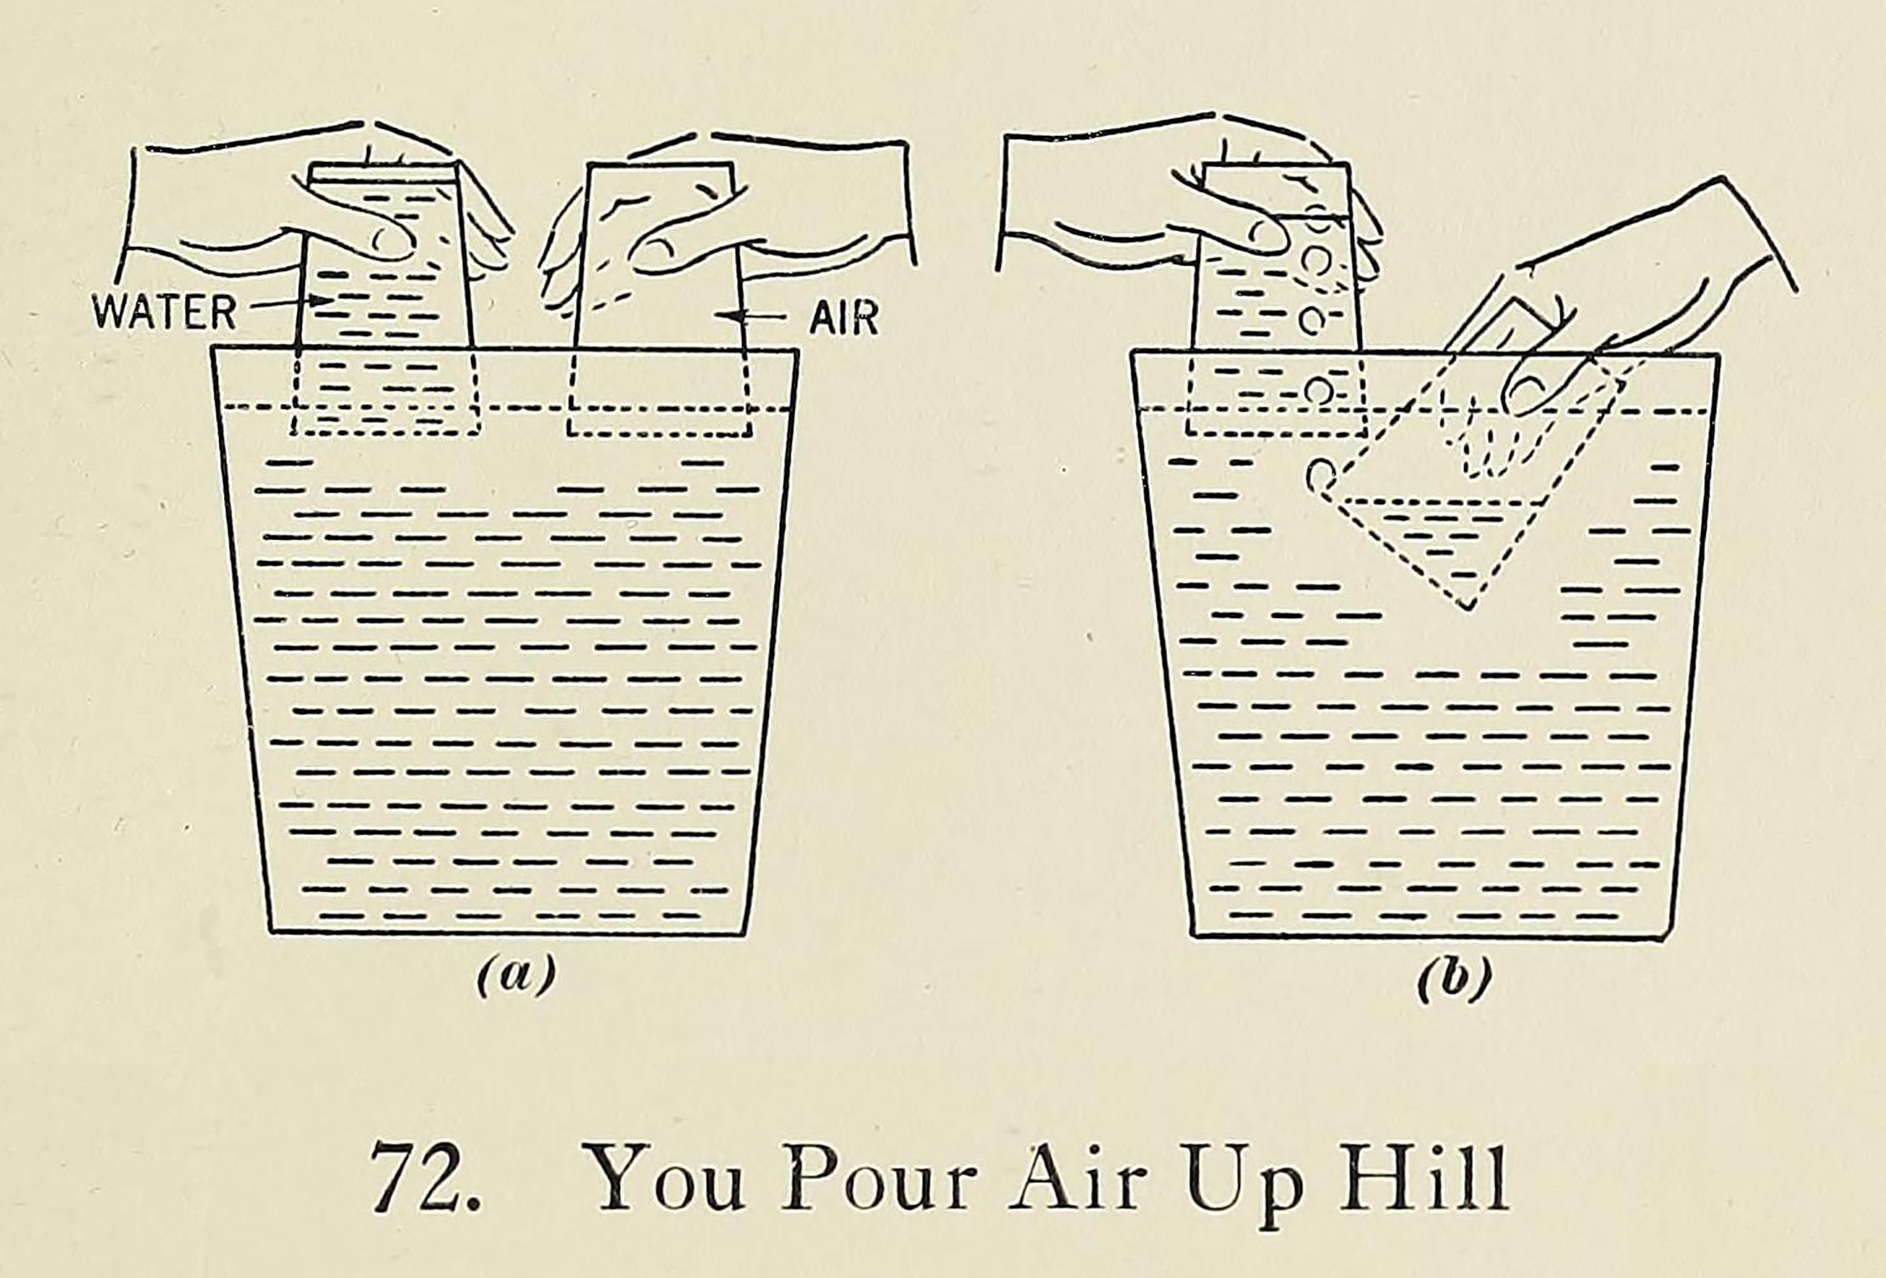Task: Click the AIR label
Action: click(x=844, y=318)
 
